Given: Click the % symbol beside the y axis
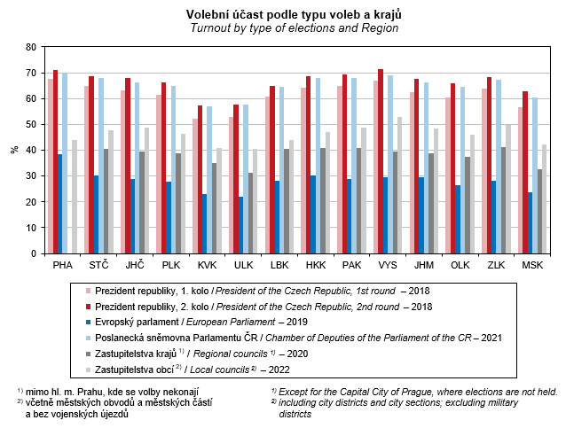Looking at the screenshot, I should (14, 150).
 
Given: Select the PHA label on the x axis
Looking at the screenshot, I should (62, 265).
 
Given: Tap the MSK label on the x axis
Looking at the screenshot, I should (532, 265).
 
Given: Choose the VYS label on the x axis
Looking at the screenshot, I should (386, 265).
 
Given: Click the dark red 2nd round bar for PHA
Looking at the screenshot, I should (55, 162).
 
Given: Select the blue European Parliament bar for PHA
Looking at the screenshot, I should (59, 204).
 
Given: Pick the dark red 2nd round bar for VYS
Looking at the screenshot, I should (381, 161).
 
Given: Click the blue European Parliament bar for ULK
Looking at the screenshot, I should (241, 225).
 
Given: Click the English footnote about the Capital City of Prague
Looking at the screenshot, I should (415, 391).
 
